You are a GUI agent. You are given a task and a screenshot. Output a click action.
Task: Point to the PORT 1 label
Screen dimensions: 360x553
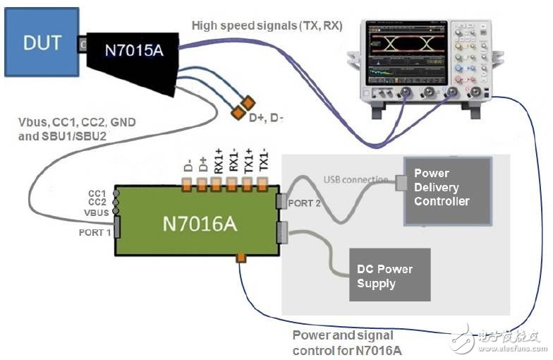tap(94, 232)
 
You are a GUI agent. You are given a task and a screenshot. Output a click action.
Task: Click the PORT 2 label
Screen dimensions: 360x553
tap(304, 203)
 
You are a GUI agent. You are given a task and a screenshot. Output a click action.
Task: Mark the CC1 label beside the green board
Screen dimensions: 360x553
tap(98, 192)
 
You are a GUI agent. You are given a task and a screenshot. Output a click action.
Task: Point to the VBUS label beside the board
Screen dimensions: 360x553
tap(95, 212)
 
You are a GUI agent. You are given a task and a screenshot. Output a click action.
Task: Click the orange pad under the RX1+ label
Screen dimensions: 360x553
tap(217, 185)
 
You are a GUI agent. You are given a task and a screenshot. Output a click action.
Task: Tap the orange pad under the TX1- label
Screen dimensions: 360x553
tap(262, 185)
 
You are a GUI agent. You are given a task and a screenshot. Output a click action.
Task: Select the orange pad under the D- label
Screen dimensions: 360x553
tap(188, 185)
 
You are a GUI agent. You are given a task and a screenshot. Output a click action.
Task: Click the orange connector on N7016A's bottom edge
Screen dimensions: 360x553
tap(241, 258)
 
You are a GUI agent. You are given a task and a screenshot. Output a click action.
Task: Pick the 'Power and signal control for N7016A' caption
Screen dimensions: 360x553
tap(343, 342)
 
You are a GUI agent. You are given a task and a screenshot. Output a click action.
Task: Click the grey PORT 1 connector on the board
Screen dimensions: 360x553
tap(116, 227)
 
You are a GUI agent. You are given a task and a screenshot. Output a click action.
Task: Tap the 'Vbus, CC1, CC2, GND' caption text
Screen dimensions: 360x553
tap(76, 123)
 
